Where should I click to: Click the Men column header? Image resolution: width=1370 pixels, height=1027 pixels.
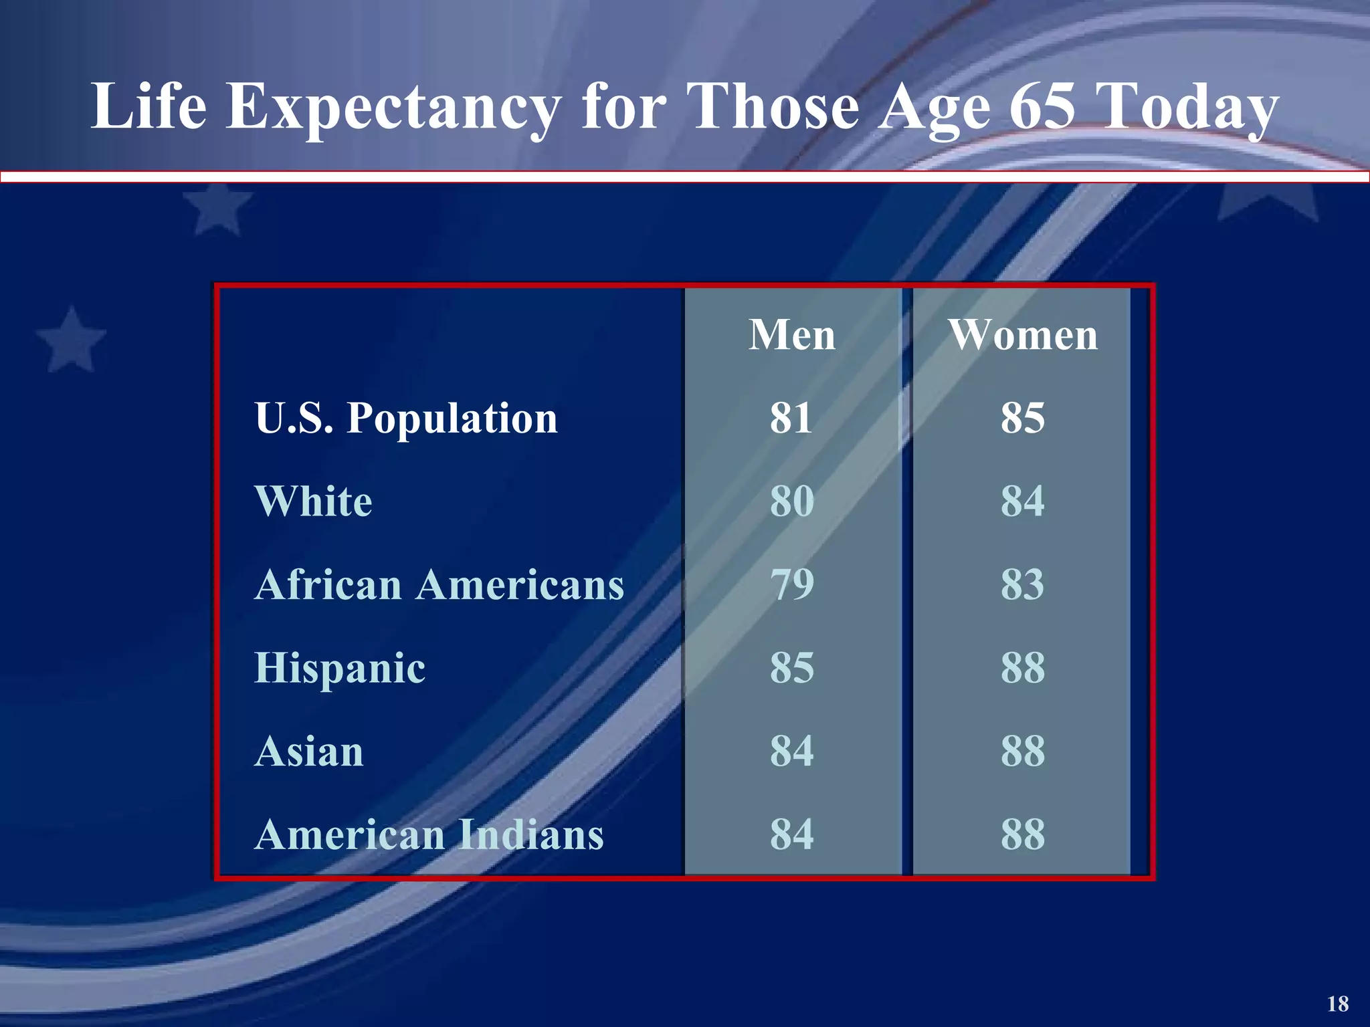click(792, 335)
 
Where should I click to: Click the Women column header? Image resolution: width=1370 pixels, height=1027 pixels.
click(1023, 335)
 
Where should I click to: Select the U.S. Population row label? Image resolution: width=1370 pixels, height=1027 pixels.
click(406, 419)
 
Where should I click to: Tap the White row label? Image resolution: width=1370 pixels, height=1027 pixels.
click(313, 501)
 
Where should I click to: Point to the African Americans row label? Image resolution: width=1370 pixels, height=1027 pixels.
click(439, 585)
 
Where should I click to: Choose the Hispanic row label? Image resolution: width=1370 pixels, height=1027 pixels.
click(340, 668)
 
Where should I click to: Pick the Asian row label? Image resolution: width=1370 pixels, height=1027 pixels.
click(309, 752)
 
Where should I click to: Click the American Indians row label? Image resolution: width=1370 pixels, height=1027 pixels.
click(429, 835)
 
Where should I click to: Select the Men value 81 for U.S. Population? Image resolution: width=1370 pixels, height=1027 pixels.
click(791, 419)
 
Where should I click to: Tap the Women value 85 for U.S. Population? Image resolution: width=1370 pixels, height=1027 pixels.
click(1022, 419)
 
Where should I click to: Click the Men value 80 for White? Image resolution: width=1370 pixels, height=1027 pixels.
click(791, 501)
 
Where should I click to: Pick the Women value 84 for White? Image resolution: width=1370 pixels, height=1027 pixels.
click(1022, 501)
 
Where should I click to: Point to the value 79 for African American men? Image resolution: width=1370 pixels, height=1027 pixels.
click(791, 585)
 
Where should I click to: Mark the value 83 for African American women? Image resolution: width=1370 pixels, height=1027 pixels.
click(1022, 585)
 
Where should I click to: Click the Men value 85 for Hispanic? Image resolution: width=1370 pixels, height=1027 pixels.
click(791, 668)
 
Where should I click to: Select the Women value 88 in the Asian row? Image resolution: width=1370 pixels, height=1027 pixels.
click(1022, 752)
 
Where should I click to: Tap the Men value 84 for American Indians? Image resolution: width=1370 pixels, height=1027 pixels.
click(791, 835)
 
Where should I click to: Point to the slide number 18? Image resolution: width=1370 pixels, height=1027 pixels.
click(1338, 1004)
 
